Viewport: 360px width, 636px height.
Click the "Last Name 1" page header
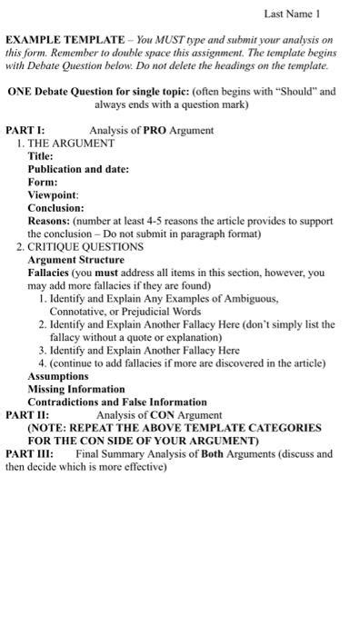[x=292, y=15]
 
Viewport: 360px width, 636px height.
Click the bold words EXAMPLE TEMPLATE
[x=65, y=41]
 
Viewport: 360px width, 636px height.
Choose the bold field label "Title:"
[x=41, y=156]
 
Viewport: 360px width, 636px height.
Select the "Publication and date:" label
[x=78, y=169]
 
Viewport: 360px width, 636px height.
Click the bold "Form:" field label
[x=43, y=182]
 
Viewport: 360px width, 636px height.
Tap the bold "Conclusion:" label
[x=55, y=207]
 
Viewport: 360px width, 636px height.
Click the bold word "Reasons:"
[x=48, y=221]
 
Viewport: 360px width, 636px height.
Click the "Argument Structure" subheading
[x=75, y=259]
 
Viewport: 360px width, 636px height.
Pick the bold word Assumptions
[x=58, y=375]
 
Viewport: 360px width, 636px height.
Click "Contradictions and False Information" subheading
[x=117, y=402]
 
